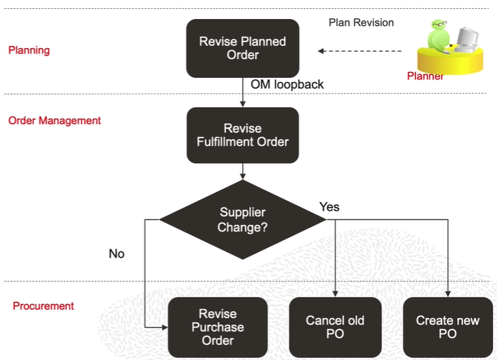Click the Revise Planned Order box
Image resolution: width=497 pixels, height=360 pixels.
pyautogui.click(x=242, y=48)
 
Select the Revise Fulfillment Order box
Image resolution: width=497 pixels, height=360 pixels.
pyautogui.click(x=242, y=135)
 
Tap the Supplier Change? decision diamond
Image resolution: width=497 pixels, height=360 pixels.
pyautogui.click(x=242, y=220)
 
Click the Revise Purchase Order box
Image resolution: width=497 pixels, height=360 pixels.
pyautogui.click(x=217, y=327)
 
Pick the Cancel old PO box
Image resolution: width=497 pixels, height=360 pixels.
pyautogui.click(x=335, y=327)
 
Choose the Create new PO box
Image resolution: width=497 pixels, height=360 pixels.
pyautogui.click(x=448, y=327)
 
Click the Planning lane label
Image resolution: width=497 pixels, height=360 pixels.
pyautogui.click(x=28, y=50)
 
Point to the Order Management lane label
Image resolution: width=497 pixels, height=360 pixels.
pyautogui.click(x=54, y=121)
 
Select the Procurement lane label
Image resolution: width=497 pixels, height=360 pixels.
pyautogui.click(x=43, y=306)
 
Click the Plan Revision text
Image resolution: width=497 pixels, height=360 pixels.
pyautogui.click(x=361, y=22)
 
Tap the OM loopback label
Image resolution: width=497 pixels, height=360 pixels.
pyautogui.click(x=287, y=85)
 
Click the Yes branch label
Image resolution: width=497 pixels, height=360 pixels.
pyautogui.click(x=329, y=207)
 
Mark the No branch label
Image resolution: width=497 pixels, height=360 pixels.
pyautogui.click(x=117, y=254)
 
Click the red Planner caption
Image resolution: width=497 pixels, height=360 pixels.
pyautogui.click(x=425, y=76)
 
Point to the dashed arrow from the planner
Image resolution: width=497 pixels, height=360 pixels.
pyautogui.click(x=359, y=51)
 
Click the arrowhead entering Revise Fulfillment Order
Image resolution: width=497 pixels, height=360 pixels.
pyautogui.click(x=242, y=104)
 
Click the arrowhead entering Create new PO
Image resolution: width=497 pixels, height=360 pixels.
pyautogui.click(x=448, y=294)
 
